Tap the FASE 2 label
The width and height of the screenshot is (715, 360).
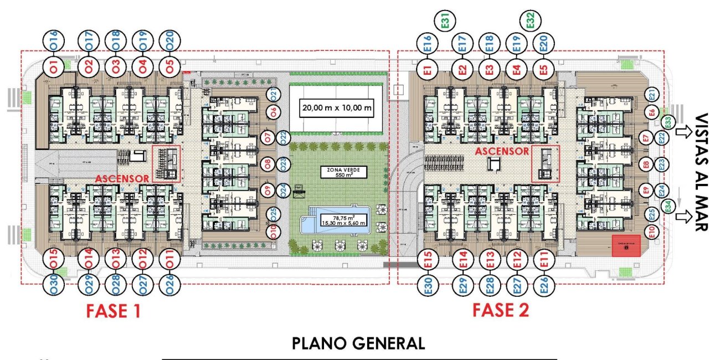click(501, 310)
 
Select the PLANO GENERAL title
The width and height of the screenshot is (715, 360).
click(358, 344)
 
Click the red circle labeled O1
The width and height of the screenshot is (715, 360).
click(54, 68)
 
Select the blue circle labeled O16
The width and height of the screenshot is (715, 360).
click(54, 40)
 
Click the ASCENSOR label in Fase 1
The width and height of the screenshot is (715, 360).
click(122, 179)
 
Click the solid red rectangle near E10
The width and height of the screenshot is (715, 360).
click(626, 245)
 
